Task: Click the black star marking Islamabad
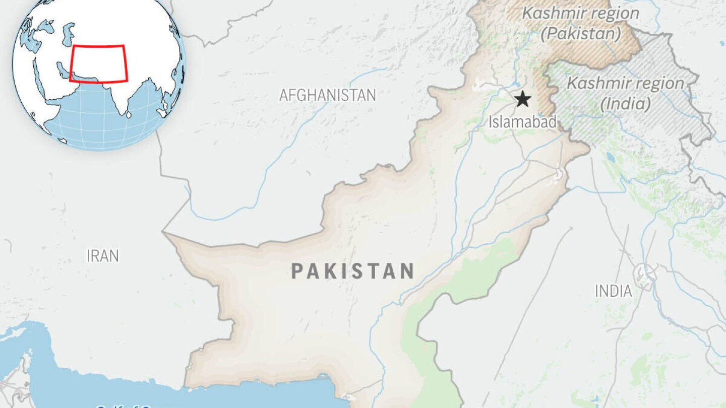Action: pos(523,99)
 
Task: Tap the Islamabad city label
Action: pos(522,121)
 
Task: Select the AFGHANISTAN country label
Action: pos(328,95)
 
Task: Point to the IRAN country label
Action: pos(103,256)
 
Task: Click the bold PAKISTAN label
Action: pos(353,271)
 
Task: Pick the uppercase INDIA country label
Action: pos(613,291)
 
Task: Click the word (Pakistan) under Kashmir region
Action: pos(581,34)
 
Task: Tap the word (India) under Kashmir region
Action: pos(625,104)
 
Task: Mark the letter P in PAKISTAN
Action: pos(297,271)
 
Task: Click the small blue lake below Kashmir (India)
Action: pos(612,158)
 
